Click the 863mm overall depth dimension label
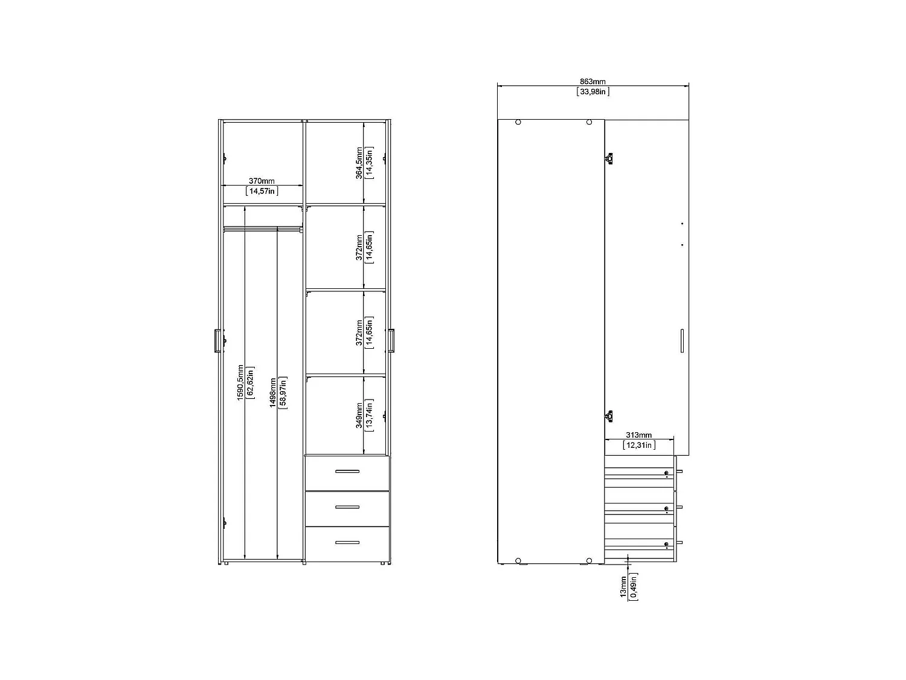coord(593,82)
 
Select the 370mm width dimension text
coord(262,181)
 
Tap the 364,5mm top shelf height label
coord(359,163)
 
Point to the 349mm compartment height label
coord(359,415)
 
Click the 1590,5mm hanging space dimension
coord(240,381)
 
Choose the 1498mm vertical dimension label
coord(273,393)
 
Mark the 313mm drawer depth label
coord(639,435)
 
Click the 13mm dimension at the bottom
coord(623,587)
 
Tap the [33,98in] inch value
coord(593,92)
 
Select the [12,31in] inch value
coord(639,445)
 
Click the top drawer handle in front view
coord(347,471)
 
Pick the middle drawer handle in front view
coord(347,507)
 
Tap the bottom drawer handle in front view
coord(347,542)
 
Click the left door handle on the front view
coord(216,340)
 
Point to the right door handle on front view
coord(391,340)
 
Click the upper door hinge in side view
coord(609,158)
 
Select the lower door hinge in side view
coord(609,415)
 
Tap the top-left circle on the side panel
coord(518,122)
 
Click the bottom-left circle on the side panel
coord(518,560)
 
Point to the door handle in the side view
coord(681,340)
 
